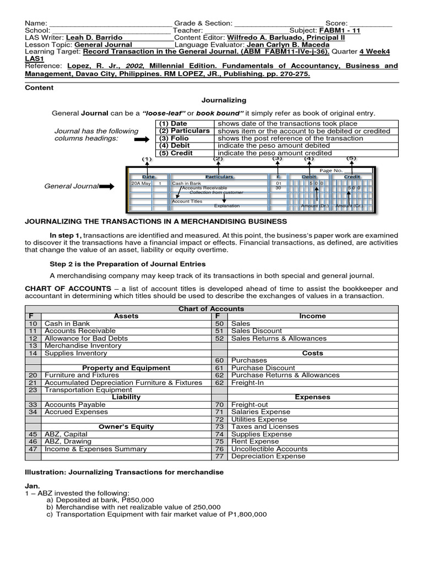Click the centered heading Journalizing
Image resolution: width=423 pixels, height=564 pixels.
[224, 100]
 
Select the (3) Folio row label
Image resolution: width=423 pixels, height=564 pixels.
[174, 138]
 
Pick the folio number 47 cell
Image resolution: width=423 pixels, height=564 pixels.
[33, 449]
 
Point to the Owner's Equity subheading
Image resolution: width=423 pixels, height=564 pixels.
[126, 427]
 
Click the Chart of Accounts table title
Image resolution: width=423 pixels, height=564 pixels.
[211, 309]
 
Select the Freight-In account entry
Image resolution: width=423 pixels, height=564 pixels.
[249, 382]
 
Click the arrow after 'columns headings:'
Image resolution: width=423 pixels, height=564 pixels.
[142, 140]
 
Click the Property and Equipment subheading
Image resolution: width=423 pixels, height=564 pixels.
[126, 368]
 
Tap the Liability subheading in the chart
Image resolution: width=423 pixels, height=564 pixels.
[126, 397]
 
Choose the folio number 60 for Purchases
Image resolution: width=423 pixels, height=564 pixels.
[219, 360]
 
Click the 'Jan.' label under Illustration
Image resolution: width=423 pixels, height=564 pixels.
[32, 485]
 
